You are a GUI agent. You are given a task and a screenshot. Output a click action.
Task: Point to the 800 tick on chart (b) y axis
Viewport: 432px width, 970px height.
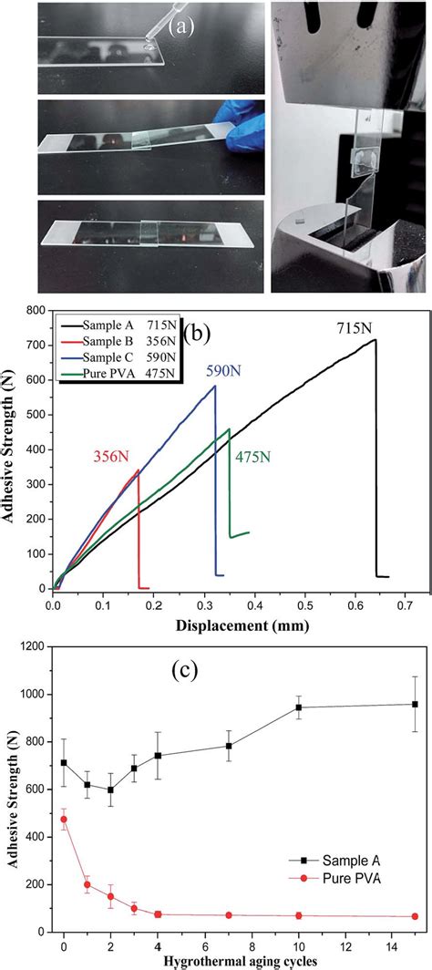(36, 310)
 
